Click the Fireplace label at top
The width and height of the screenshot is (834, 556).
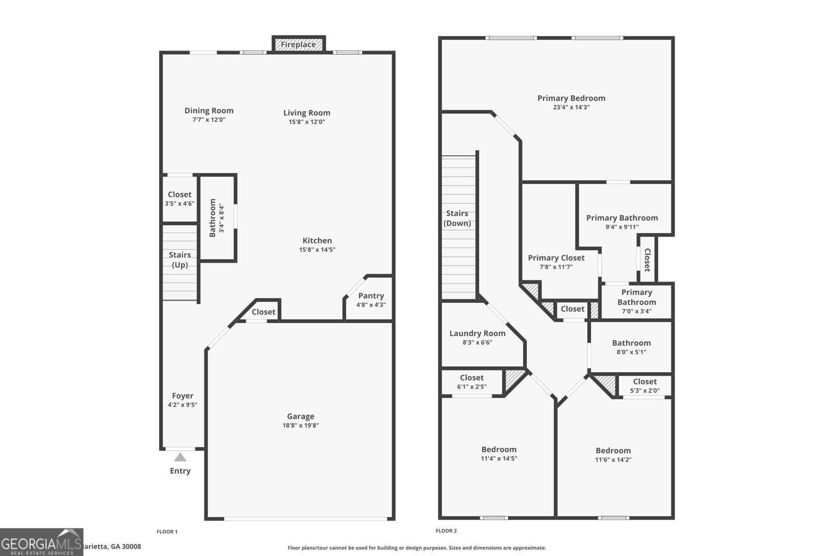(298, 45)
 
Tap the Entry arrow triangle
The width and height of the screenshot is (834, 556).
(180, 458)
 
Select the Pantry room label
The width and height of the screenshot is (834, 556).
(371, 295)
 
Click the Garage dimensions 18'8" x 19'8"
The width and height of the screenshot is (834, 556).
(301, 425)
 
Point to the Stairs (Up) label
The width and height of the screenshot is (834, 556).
(180, 260)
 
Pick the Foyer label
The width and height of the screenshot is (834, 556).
(182, 396)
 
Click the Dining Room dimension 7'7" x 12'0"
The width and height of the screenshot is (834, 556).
(208, 120)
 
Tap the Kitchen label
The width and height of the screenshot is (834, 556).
(317, 240)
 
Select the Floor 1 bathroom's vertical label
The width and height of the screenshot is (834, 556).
(213, 217)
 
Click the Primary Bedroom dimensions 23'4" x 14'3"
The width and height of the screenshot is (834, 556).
(571, 107)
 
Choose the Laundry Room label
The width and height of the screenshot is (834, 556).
(477, 333)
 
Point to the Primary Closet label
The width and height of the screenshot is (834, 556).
(556, 257)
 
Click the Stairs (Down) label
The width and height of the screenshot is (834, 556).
(457, 218)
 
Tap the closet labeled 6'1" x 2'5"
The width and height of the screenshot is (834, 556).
(472, 382)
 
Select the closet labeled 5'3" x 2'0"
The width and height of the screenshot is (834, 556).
(645, 386)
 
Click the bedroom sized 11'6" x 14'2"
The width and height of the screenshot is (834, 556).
(613, 454)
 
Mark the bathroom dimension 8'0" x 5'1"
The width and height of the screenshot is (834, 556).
(631, 352)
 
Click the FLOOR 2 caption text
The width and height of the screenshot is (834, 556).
(446, 531)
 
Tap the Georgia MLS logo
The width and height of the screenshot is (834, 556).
(41, 542)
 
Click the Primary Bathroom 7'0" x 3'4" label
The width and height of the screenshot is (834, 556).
(636, 301)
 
